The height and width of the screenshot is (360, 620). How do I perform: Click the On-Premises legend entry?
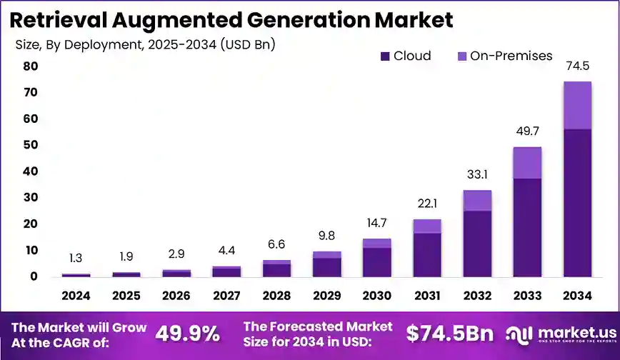click(x=504, y=56)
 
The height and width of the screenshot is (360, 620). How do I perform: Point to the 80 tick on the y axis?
click(x=30, y=66)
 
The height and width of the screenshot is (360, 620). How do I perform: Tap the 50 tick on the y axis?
click(x=30, y=145)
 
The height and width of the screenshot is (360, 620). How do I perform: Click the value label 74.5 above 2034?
click(x=577, y=66)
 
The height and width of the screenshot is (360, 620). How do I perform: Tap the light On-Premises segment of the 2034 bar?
click(x=577, y=105)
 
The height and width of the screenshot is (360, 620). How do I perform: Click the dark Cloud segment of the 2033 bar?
click(x=527, y=227)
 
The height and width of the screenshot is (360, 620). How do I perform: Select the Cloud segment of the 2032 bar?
click(x=476, y=244)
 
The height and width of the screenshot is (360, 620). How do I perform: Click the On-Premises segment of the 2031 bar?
click(x=426, y=226)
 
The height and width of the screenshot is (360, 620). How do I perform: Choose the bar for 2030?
click(x=376, y=258)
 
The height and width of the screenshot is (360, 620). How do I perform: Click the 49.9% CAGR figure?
click(x=187, y=334)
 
